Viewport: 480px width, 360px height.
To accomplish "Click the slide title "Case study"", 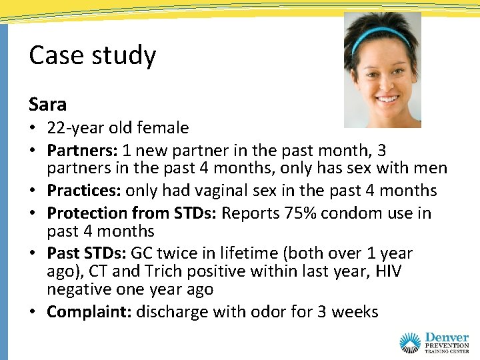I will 92,56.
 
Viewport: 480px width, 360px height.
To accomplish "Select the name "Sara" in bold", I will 47,105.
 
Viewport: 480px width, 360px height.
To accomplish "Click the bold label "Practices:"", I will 84,191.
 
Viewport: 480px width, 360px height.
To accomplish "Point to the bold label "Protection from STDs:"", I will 132,213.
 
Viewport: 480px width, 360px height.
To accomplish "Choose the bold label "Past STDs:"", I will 87,253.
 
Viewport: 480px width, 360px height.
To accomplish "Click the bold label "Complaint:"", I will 89,312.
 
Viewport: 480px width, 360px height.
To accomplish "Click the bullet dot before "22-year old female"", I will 33,128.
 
